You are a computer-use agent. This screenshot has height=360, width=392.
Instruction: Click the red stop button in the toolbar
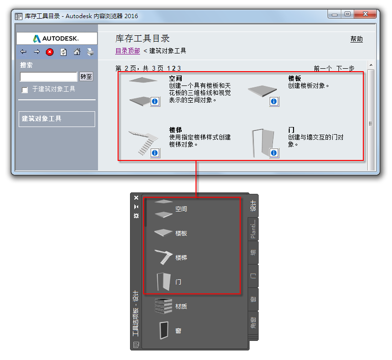(x=50, y=52)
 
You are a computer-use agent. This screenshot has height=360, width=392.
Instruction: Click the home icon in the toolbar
(x=77, y=52)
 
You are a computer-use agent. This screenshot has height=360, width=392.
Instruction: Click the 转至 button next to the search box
(x=86, y=76)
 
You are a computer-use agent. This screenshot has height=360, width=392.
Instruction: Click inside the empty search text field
(x=48, y=77)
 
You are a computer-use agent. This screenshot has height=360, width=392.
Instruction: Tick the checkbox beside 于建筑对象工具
(x=25, y=90)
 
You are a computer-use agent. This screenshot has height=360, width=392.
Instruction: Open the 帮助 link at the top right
(x=357, y=39)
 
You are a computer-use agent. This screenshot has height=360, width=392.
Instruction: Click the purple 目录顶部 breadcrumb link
(x=128, y=51)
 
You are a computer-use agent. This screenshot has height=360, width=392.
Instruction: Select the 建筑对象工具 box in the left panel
(x=57, y=119)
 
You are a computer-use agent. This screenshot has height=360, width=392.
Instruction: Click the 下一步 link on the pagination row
(x=345, y=68)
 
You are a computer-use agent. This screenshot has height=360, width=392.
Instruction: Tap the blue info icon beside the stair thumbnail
(x=155, y=153)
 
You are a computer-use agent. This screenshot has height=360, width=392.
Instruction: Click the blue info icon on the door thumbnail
(x=274, y=153)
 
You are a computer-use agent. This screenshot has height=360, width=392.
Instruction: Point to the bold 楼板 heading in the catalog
(x=294, y=78)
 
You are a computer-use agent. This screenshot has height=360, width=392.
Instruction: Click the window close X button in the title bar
(x=365, y=14)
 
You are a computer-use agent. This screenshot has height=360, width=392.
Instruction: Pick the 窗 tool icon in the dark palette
(x=164, y=330)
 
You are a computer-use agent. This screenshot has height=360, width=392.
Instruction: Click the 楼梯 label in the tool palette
(x=181, y=257)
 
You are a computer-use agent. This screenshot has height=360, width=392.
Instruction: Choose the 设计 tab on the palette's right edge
(x=253, y=206)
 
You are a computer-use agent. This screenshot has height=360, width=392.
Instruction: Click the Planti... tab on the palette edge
(x=253, y=229)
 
